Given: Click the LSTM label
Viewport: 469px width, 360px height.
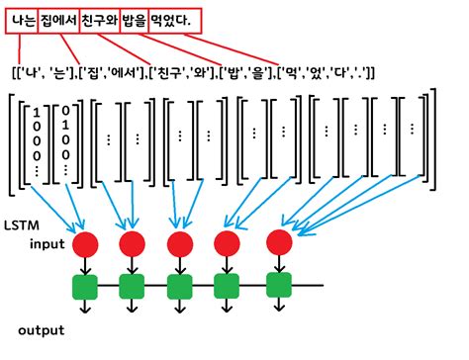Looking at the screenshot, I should coord(23,225).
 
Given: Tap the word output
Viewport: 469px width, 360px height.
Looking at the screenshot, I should coord(41,329).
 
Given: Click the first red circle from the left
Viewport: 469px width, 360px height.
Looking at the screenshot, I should coord(85,243).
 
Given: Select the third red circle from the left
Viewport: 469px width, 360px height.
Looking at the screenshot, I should coord(180,243).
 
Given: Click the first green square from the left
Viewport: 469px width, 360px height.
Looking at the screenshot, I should coord(85,288).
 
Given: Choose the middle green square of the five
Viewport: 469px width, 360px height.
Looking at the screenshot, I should coord(180,288).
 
